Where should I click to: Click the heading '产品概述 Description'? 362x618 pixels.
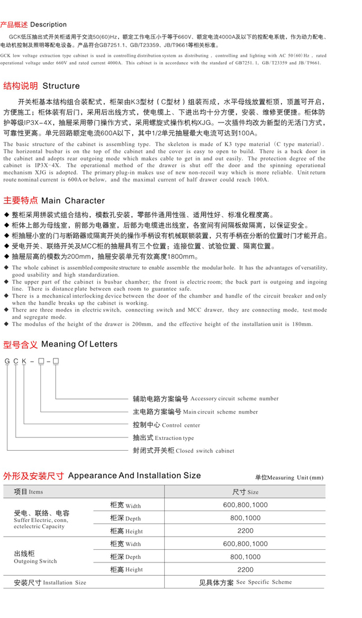[34, 25]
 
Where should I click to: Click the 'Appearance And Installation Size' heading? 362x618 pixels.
[102, 476]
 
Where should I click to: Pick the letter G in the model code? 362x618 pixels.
[7, 361]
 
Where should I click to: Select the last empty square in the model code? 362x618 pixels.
[56, 361]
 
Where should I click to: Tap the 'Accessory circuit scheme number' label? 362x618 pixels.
[205, 398]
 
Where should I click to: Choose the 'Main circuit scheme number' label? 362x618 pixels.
[195, 412]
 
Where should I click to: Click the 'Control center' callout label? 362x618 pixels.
[166, 425]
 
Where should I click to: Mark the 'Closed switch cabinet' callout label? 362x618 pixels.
[183, 451]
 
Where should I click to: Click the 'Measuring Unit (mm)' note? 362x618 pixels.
[289, 477]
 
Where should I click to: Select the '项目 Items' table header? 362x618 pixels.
[28, 492]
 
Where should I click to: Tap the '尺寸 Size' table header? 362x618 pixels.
[245, 492]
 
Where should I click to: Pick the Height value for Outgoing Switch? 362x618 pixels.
[245, 569]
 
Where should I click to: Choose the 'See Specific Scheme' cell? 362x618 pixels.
[245, 582]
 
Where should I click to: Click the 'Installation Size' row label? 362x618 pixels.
[50, 582]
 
